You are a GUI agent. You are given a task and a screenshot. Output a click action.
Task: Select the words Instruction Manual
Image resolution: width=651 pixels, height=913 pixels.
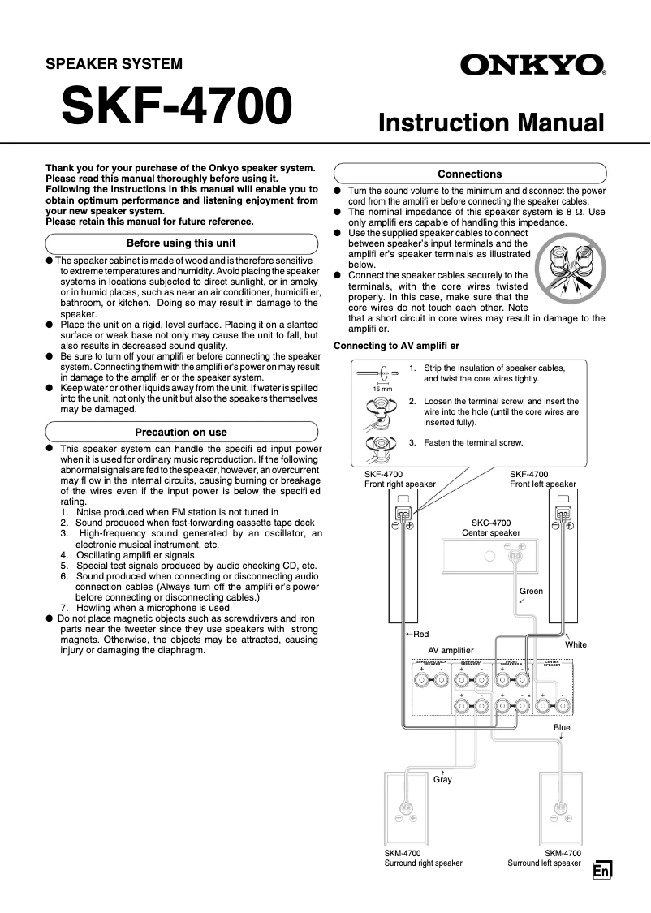pos(492,123)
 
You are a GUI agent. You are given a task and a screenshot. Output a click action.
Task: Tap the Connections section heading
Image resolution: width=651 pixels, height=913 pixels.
pos(469,174)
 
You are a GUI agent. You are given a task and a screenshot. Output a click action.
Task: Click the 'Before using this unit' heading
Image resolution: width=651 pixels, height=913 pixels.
pos(181,243)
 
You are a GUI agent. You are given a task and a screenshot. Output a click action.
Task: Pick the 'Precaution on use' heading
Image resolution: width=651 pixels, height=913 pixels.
pos(180,432)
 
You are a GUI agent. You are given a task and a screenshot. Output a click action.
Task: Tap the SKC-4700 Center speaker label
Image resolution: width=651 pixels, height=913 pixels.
pos(491,528)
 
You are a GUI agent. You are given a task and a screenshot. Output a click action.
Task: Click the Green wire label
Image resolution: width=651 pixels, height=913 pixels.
pos(531,592)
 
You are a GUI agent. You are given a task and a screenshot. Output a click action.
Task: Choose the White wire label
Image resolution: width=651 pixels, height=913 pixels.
pos(576,644)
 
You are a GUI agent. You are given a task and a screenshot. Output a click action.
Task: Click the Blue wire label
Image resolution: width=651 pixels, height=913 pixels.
pos(562,727)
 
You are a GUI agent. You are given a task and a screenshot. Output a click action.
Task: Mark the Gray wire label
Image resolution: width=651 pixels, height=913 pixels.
pos(442,779)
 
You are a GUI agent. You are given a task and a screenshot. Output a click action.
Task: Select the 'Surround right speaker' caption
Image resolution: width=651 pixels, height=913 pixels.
pos(423,863)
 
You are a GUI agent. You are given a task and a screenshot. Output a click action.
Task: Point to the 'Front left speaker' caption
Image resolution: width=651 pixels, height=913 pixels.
pos(542,484)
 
